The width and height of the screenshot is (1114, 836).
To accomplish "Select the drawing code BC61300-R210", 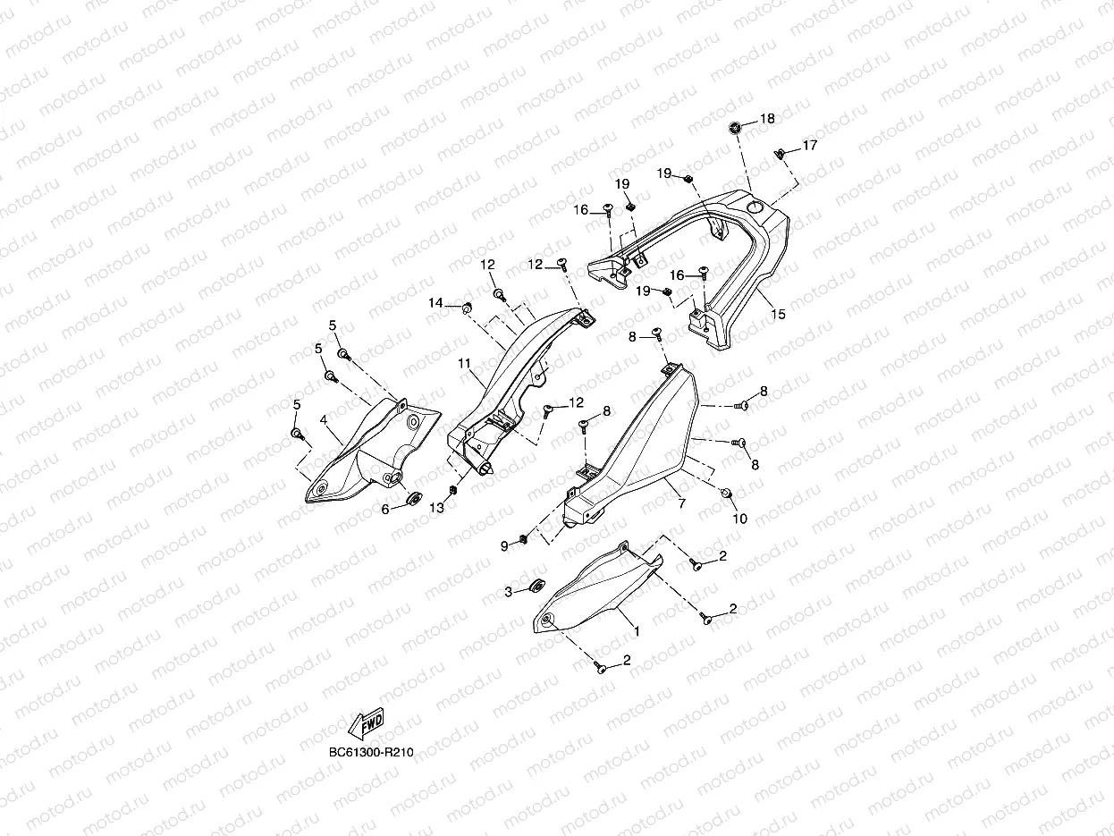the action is [371, 752].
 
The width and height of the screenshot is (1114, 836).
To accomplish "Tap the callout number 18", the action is [767, 119].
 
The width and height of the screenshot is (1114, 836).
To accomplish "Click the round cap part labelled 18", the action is [736, 127].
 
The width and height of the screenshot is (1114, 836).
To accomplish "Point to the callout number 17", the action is [809, 145].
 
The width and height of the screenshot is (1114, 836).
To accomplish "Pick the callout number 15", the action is [778, 315].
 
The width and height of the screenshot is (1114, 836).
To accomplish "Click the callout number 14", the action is [435, 304].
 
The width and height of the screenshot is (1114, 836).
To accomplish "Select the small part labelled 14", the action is [466, 308].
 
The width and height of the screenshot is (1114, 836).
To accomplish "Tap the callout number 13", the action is [436, 508].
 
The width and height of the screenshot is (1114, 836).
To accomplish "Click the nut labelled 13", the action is [453, 491].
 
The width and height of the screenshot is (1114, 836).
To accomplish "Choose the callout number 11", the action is [464, 365].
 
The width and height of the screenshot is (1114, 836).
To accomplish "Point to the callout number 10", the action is [739, 519].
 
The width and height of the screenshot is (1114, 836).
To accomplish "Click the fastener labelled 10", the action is [725, 494].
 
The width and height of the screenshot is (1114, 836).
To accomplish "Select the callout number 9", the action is [503, 545].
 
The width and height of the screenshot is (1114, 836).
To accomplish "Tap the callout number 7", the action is [682, 504].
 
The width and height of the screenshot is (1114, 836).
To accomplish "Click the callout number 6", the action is [386, 509].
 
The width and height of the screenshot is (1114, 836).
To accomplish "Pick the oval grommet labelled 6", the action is [414, 498].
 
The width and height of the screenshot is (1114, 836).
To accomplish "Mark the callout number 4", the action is [324, 419].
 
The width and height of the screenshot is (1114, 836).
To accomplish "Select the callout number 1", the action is [636, 631].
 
